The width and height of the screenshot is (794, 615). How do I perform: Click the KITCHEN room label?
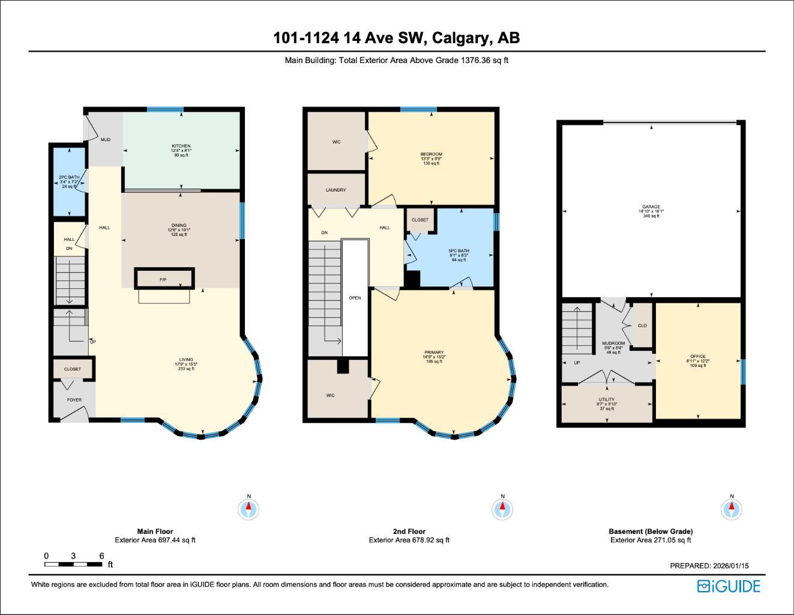181,147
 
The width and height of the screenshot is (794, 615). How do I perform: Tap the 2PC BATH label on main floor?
69,178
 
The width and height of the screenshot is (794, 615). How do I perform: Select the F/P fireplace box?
164,280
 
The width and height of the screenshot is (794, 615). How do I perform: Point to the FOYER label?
74,400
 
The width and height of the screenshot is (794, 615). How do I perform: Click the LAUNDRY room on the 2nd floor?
336,190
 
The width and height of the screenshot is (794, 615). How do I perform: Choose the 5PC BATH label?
459,251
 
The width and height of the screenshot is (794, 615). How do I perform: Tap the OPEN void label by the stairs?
355,298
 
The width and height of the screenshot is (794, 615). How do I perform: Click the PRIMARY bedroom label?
434,353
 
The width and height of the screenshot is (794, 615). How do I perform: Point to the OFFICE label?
698,357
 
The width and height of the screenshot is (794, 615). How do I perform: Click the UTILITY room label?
606,399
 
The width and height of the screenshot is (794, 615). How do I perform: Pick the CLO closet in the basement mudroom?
642,326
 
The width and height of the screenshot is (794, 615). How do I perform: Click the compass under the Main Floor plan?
248,509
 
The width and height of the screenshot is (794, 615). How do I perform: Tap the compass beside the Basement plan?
732,509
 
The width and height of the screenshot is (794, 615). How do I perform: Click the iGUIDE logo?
729,586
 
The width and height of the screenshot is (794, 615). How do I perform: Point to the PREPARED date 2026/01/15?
709,566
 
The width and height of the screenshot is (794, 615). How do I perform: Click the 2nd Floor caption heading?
409,532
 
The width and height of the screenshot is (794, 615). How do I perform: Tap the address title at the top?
397,38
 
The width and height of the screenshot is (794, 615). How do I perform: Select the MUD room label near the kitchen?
106,140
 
